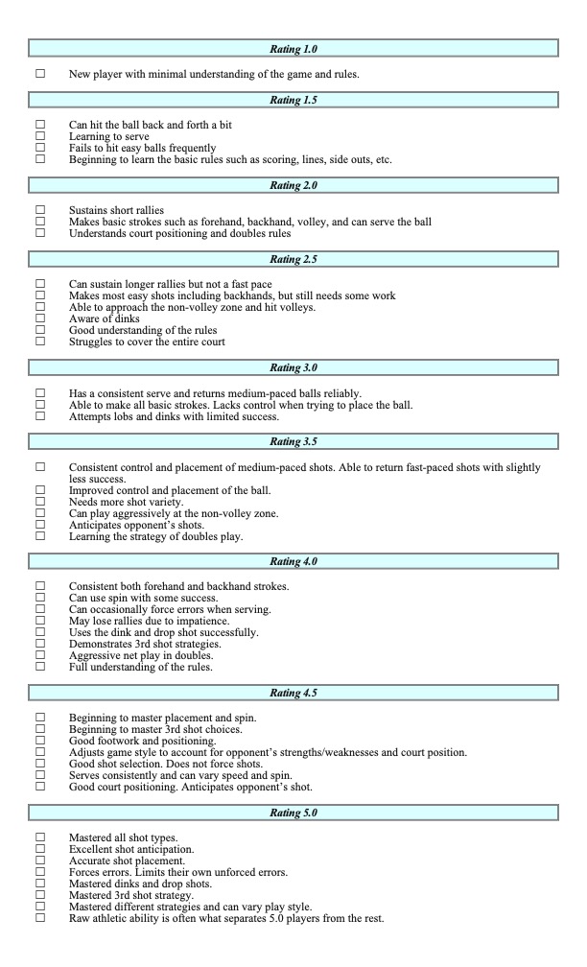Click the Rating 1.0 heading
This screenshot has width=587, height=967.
293,47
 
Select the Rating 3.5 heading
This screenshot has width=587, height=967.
293,441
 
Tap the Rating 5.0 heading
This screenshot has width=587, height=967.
293,814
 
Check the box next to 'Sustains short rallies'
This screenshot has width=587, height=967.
40,209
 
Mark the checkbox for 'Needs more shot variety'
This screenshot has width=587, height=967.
40,502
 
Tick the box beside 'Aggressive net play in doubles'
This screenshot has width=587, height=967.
40,655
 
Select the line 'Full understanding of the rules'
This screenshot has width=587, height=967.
141,667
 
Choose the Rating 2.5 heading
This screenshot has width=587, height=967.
293,259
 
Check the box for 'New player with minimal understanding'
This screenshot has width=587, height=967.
40,74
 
